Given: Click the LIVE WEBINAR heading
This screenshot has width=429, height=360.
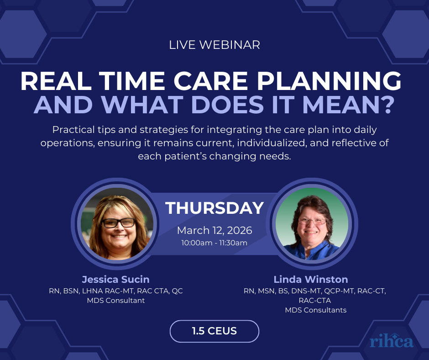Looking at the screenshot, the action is click(x=214, y=45).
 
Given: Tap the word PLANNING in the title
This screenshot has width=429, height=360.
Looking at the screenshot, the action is click(x=329, y=81).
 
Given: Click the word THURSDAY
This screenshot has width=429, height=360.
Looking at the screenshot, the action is click(x=214, y=208).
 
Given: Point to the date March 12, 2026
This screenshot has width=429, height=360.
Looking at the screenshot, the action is click(x=214, y=230).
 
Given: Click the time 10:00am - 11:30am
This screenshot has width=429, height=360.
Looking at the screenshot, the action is click(x=214, y=243).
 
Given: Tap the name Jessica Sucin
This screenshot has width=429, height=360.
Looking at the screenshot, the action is click(x=116, y=280).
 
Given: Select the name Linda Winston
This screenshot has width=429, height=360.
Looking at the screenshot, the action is click(x=311, y=280).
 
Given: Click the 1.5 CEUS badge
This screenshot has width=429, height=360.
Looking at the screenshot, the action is click(x=214, y=331).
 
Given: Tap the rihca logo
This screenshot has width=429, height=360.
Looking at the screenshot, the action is click(x=392, y=341).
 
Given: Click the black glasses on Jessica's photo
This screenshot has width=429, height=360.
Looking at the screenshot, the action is click(x=119, y=223).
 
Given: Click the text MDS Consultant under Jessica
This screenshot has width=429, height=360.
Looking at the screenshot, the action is click(x=116, y=301).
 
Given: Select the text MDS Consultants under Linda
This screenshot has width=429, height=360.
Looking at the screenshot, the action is click(x=316, y=310).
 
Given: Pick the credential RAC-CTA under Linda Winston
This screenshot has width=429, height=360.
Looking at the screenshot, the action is click(x=314, y=301).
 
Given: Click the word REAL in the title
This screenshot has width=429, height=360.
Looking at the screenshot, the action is click(x=56, y=81).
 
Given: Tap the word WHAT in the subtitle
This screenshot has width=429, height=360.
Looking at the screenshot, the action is click(x=142, y=104).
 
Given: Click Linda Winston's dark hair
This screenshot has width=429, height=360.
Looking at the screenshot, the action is click(x=312, y=203).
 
